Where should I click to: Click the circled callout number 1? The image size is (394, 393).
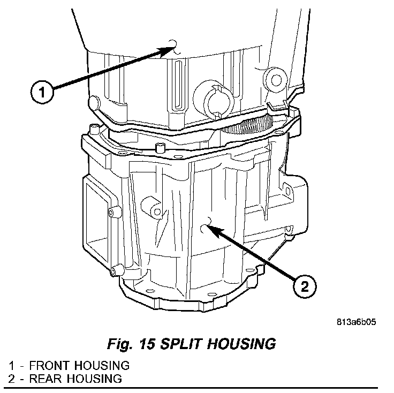point(42,92)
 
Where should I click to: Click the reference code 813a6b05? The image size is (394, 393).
point(358,323)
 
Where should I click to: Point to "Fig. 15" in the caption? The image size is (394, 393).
point(127,343)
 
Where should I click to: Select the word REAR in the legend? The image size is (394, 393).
point(45,379)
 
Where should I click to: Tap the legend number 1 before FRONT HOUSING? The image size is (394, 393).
point(11,366)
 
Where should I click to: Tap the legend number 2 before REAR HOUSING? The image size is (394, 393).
point(11,379)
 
